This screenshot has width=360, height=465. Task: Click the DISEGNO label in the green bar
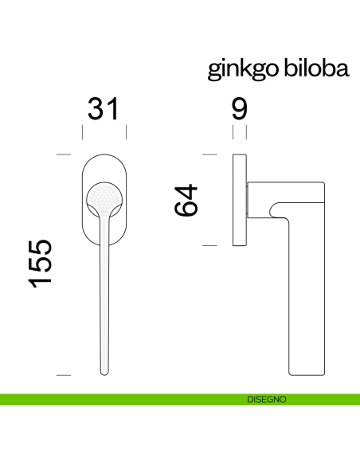pos(267,400)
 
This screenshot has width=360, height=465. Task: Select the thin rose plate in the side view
pos(239,200)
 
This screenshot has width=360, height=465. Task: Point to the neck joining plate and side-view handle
pos(251,200)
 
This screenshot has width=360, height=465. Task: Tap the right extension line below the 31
pos(127,132)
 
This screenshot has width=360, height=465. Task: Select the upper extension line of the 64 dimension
pos(210,154)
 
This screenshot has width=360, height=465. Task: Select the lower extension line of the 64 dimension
pos(210,246)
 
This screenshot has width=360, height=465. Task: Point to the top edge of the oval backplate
pos(104,151)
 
